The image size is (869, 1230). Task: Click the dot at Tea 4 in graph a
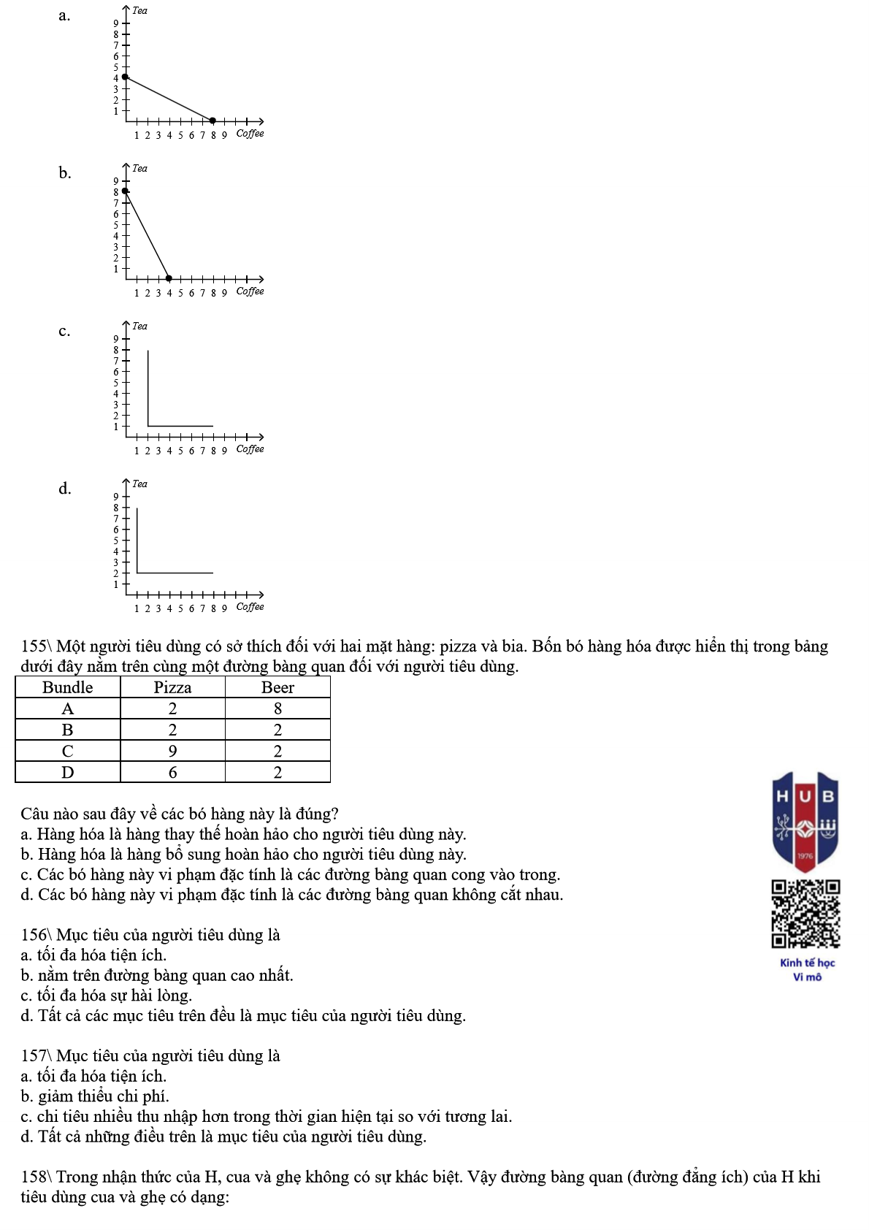pos(125,77)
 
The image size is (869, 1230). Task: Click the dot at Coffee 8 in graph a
pos(213,121)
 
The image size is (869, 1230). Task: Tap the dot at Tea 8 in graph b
pos(125,191)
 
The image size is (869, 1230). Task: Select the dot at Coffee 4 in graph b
pos(169,278)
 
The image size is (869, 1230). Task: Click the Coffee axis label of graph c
pos(250,449)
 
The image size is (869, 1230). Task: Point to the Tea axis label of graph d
pos(139,484)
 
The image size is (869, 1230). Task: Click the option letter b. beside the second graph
pos(65,173)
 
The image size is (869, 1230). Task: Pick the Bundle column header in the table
pos(68,687)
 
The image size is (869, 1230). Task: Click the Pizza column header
pos(172,687)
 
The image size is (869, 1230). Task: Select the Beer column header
pos(277,687)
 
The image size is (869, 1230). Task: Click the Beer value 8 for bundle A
pos(277,708)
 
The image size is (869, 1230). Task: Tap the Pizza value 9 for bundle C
pos(172,751)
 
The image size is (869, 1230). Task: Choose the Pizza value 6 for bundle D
pos(172,772)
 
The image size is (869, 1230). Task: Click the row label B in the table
pos(68,730)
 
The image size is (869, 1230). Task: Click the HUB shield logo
pos(805,821)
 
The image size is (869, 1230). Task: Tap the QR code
pos(805,914)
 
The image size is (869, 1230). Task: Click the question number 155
pos(34,646)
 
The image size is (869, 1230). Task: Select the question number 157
pos(34,1056)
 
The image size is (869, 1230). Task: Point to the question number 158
pos(34,1177)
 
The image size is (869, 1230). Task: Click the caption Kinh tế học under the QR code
pos(807,963)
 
